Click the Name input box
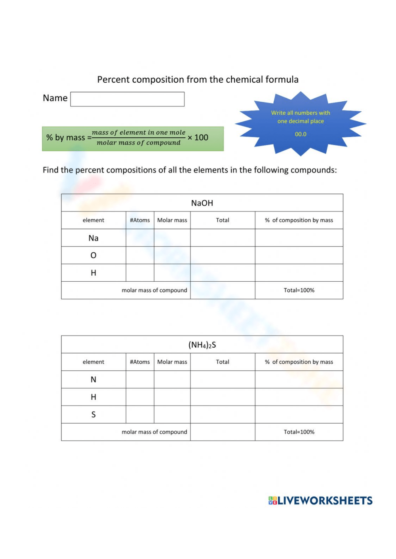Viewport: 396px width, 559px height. pyautogui.click(x=127, y=99)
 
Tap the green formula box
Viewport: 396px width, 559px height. pyautogui.click(x=133, y=138)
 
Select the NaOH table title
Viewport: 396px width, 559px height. pyautogui.click(x=202, y=203)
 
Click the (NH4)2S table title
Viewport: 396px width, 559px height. pyautogui.click(x=202, y=345)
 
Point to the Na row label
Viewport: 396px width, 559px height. pyautogui.click(x=93, y=238)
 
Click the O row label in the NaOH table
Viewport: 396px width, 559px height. pyautogui.click(x=93, y=256)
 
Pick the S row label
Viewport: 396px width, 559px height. pyautogui.click(x=93, y=415)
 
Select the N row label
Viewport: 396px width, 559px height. pyautogui.click(x=93, y=380)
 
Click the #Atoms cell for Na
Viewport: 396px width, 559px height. pyautogui.click(x=140, y=238)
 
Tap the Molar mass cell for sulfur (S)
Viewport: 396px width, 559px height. pyautogui.click(x=172, y=415)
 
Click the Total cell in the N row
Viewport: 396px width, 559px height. pyautogui.click(x=223, y=380)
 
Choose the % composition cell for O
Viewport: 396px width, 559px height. pyautogui.click(x=299, y=256)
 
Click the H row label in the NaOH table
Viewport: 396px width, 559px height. pyautogui.click(x=93, y=273)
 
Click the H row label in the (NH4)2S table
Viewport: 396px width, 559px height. pyautogui.click(x=93, y=397)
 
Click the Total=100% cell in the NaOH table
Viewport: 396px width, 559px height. pyautogui.click(x=299, y=290)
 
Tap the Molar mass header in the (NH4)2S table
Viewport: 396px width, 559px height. pyautogui.click(x=172, y=362)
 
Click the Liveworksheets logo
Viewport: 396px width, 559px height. pyautogui.click(x=320, y=501)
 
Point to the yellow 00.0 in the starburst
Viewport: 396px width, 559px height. pyautogui.click(x=301, y=134)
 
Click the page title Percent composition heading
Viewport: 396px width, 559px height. pyautogui.click(x=198, y=80)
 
